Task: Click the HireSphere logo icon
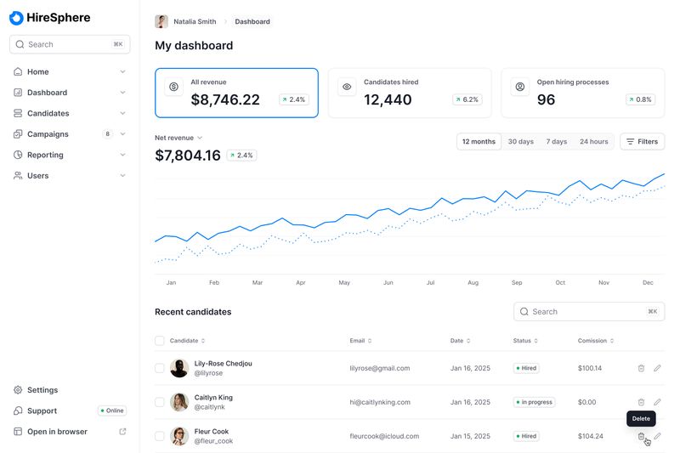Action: tap(16, 18)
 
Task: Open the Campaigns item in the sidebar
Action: tap(48, 134)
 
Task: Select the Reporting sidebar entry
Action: tap(45, 155)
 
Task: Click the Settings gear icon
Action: tap(18, 390)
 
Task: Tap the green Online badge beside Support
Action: tap(112, 411)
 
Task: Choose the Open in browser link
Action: tap(57, 431)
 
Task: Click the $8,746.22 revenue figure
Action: tap(225, 99)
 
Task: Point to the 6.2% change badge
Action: tap(467, 99)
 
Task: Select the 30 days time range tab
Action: tap(521, 142)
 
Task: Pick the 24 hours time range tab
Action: tap(593, 142)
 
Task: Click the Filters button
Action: tap(643, 142)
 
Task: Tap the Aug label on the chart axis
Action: tap(473, 283)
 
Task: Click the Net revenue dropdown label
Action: tap(178, 138)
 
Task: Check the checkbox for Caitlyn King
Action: tap(160, 402)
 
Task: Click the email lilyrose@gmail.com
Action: tap(380, 368)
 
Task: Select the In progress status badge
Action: tap(534, 402)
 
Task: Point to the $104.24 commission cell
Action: tap(590, 436)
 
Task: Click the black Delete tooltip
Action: tap(641, 419)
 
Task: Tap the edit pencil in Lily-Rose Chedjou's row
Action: tap(657, 368)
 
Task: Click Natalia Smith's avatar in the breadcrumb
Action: tap(161, 22)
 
